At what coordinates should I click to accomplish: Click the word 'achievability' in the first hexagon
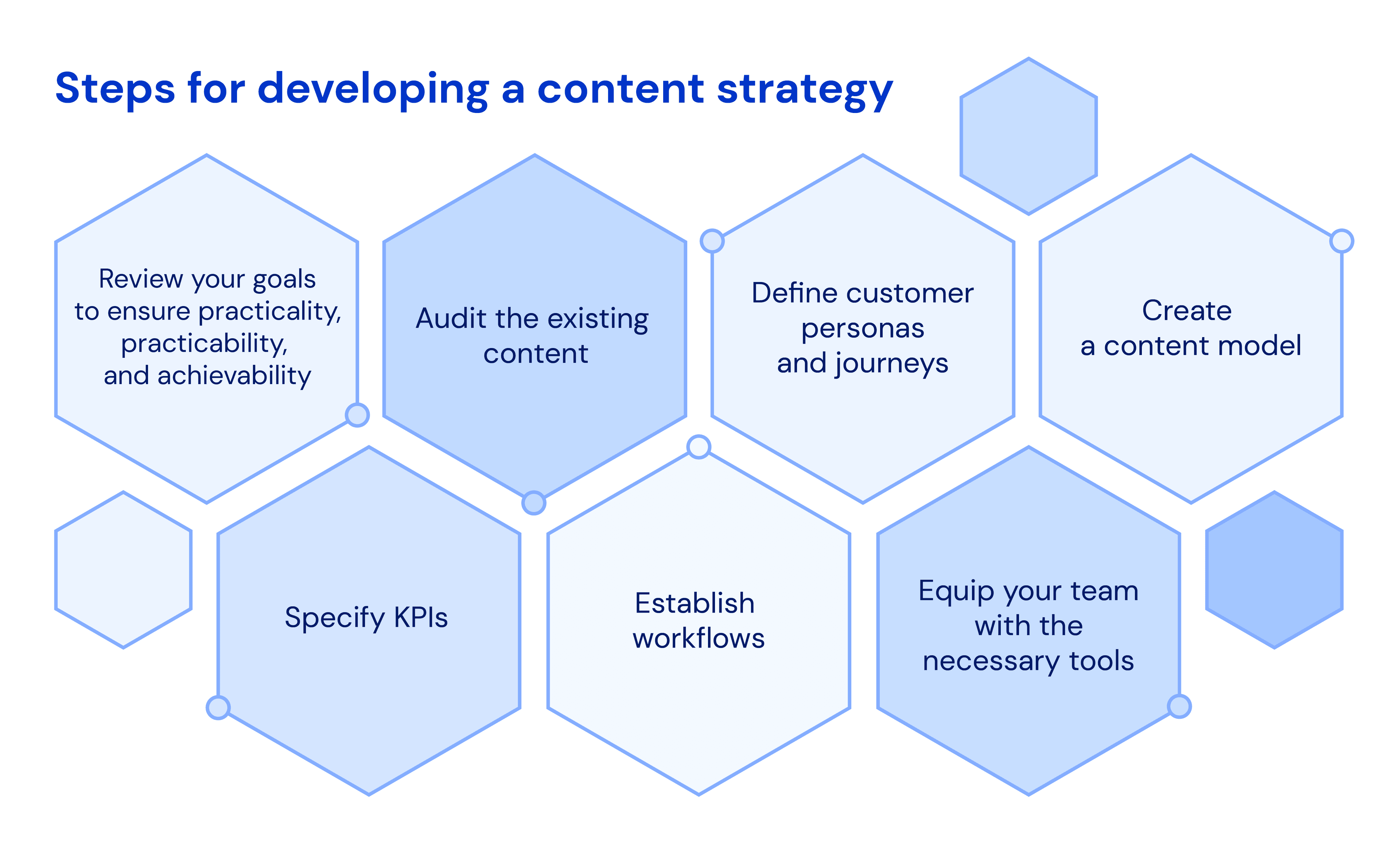click(234, 376)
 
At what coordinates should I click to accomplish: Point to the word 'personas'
click(863, 328)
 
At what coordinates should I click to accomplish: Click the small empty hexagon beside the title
click(1028, 136)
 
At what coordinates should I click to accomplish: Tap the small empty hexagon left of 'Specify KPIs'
click(123, 570)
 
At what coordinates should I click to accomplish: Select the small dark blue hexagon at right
click(1275, 570)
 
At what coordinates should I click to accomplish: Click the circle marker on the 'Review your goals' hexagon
click(357, 415)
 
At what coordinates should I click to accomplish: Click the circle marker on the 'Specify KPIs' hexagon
click(218, 708)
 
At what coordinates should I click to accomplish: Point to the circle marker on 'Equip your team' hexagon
click(1179, 707)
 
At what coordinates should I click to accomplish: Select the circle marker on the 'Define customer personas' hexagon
click(712, 241)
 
